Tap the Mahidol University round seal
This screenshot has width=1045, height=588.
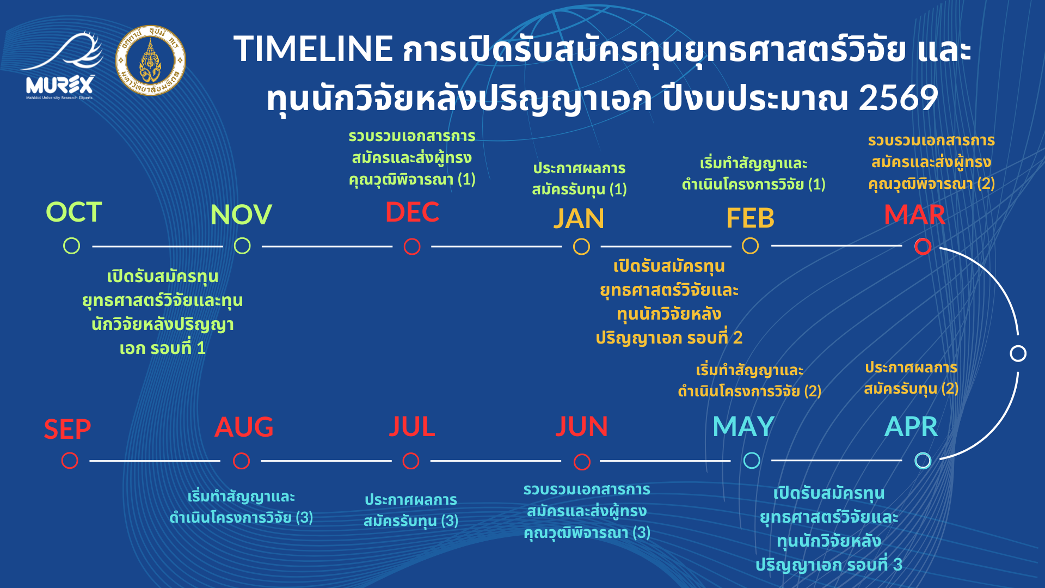(x=151, y=60)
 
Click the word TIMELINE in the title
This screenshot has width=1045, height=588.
(x=313, y=48)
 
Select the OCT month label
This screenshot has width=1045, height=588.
(x=73, y=212)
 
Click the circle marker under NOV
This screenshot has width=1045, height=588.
(x=242, y=246)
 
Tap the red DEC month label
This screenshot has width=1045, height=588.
(x=412, y=212)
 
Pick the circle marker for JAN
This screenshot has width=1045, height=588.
(x=581, y=247)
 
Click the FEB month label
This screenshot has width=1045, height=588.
(x=750, y=218)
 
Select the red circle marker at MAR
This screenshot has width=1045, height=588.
(x=923, y=247)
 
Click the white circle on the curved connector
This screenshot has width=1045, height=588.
(x=1018, y=353)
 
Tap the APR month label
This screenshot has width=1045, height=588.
(x=912, y=426)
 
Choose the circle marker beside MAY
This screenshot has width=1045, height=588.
(x=752, y=461)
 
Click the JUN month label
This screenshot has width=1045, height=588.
(x=581, y=426)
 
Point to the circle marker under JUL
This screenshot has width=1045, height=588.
(x=411, y=461)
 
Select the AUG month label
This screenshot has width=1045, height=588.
(x=244, y=427)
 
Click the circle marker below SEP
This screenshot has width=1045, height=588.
(x=70, y=461)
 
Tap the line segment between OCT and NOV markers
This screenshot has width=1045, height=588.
(x=158, y=247)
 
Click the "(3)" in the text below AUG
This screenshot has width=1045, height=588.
(x=304, y=517)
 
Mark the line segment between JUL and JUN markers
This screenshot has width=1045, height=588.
(x=496, y=461)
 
